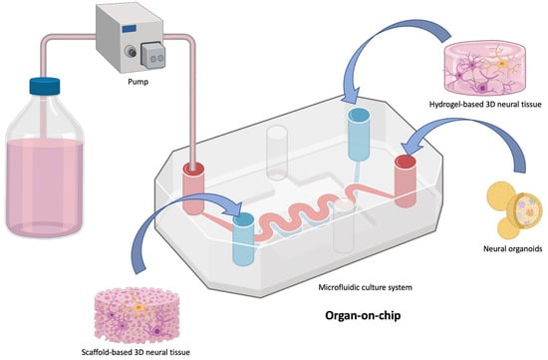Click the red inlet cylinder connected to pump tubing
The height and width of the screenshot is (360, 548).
193,179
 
